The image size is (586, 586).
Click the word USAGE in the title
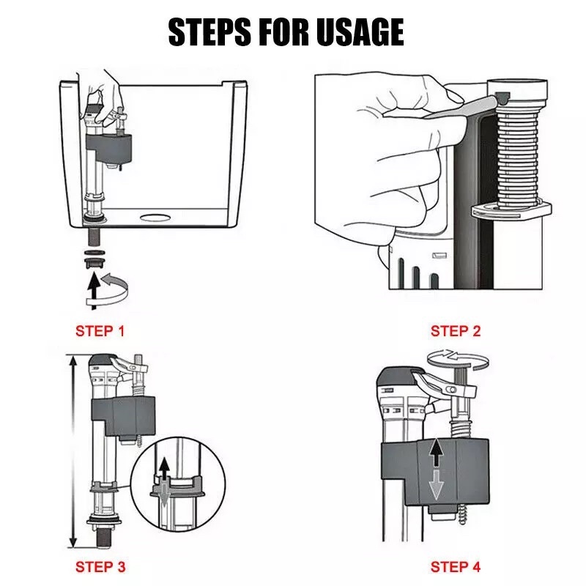360,32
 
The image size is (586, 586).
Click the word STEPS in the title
209,32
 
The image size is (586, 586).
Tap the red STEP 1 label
100,331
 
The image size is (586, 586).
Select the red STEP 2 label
455,331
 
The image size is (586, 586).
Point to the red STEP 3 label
100,567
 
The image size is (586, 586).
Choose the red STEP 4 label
455,567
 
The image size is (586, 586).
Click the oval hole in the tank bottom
155,217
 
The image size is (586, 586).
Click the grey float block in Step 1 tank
108,149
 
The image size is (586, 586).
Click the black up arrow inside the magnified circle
163,470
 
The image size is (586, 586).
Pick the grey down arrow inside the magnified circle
163,495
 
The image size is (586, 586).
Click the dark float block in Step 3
123,417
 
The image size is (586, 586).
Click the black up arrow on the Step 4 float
436,453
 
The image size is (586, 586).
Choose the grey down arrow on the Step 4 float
436,485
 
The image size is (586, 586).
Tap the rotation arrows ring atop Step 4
459,359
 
